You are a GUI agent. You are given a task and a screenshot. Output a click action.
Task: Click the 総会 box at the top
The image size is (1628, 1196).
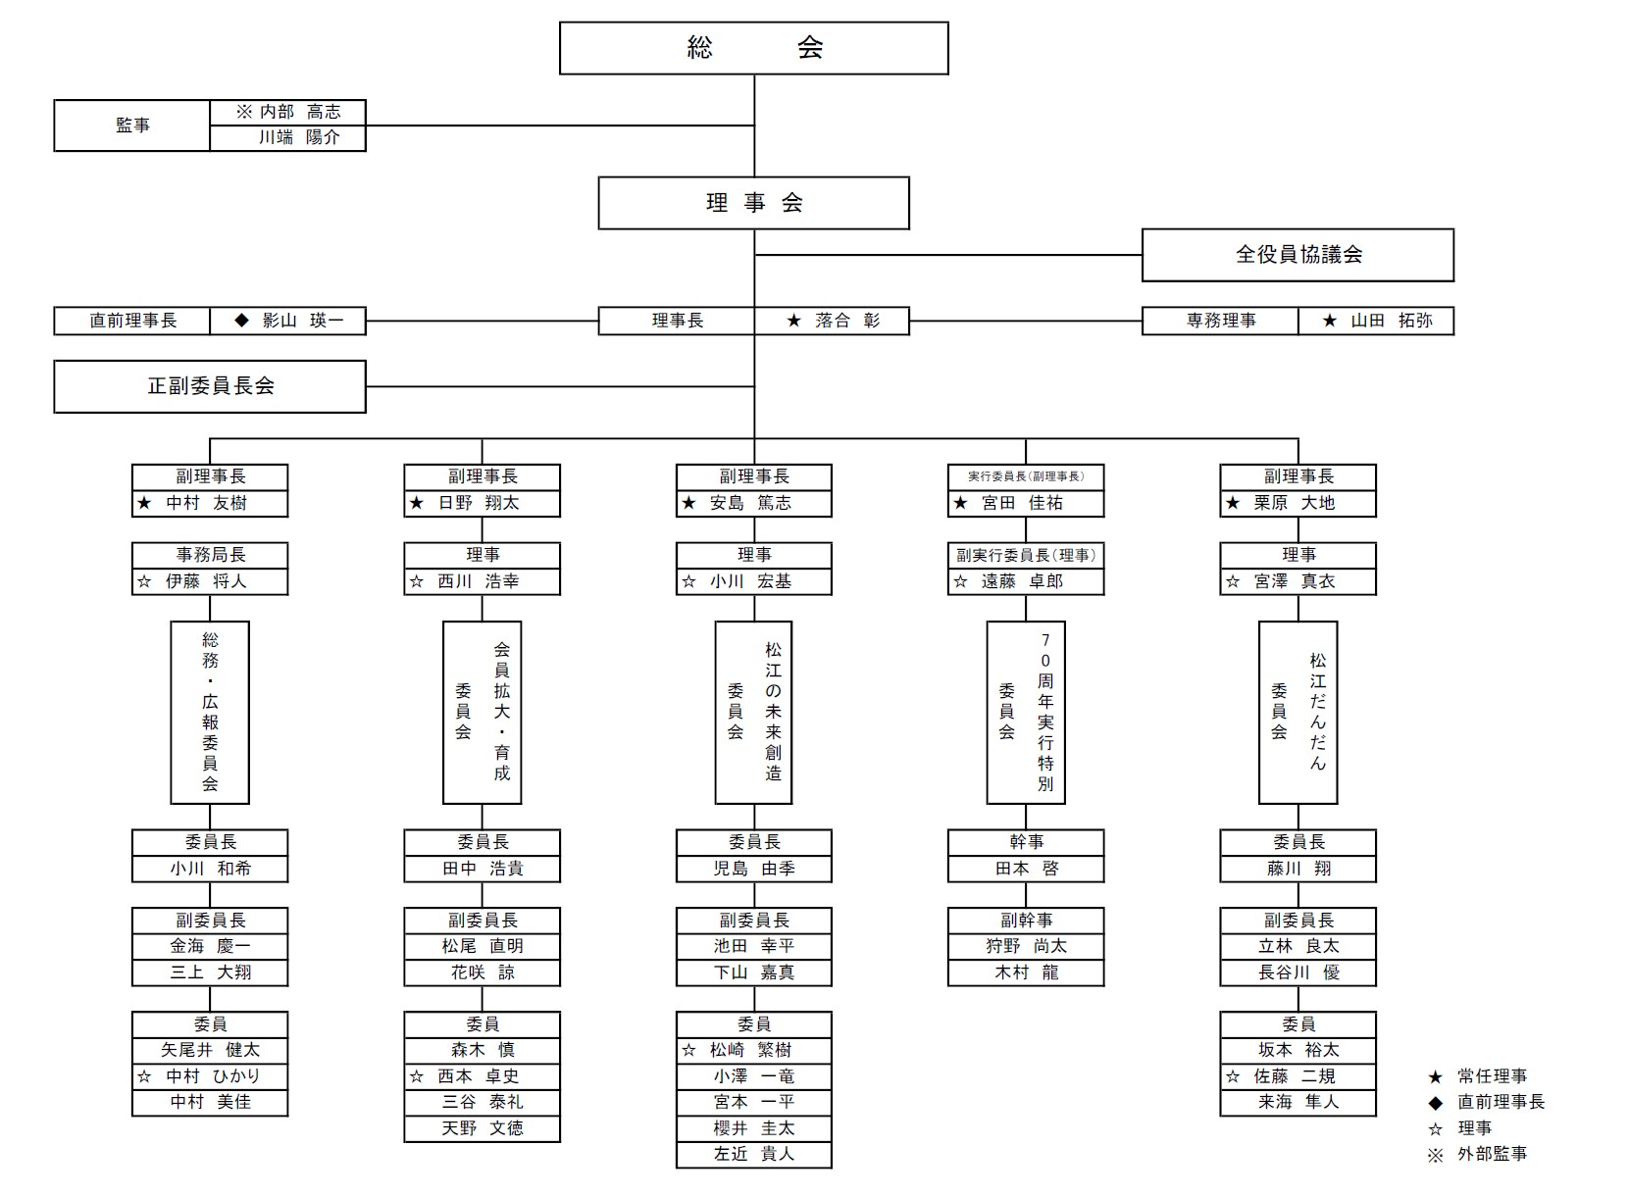pos(753,48)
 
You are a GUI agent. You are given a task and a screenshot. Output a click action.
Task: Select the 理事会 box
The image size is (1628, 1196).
pos(753,203)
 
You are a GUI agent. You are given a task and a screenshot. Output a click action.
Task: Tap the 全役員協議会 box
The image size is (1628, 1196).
pos(1297,255)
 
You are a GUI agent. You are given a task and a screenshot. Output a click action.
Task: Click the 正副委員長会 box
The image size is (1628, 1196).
pos(210,386)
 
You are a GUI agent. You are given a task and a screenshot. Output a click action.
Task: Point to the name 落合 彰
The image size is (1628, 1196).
pos(847,321)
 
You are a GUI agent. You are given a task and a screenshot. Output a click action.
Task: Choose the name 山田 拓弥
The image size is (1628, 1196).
pos(1391,321)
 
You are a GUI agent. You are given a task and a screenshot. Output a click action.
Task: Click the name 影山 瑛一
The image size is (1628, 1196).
pos(302,321)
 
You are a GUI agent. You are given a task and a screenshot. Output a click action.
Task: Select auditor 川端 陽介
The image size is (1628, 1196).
pos(299,138)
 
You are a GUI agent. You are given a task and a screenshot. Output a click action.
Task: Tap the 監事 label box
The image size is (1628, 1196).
pos(132,125)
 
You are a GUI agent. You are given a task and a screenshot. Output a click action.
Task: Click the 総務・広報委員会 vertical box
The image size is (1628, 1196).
pos(210,712)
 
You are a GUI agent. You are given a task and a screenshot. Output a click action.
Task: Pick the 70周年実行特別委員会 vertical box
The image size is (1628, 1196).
pos(1026,712)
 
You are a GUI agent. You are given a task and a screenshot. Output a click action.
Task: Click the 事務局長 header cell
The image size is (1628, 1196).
pos(210,555)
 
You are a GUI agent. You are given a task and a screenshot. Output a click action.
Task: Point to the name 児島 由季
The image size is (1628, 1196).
pos(754,869)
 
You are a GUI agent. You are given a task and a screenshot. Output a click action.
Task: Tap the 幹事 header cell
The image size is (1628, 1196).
pos(1026,842)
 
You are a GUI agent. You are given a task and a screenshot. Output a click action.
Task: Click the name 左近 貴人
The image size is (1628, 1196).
pos(754,1154)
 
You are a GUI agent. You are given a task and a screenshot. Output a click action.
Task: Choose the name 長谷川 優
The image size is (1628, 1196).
pos(1298,972)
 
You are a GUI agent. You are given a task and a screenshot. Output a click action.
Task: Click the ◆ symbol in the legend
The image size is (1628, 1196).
pos(1436,1103)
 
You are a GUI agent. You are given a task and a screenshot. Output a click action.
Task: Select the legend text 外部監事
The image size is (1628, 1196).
pos(1492,1154)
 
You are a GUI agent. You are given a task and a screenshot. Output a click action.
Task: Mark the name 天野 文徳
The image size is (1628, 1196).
pos(483,1128)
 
